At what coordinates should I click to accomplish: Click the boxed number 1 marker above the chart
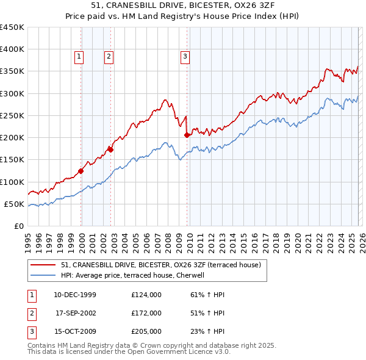(79, 57)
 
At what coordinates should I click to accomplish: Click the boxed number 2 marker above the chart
(109, 57)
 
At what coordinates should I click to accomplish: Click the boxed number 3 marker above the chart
(185, 57)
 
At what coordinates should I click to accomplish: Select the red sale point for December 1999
(81, 171)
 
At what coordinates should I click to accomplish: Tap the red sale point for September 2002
(110, 149)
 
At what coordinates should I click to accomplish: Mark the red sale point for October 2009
(187, 135)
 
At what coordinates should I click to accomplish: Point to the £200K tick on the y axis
(12, 138)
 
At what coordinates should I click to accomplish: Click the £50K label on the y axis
(15, 204)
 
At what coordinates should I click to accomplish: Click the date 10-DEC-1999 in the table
(74, 295)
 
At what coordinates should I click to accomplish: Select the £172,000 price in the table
(146, 313)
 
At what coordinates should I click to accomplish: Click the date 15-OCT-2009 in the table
(74, 331)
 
